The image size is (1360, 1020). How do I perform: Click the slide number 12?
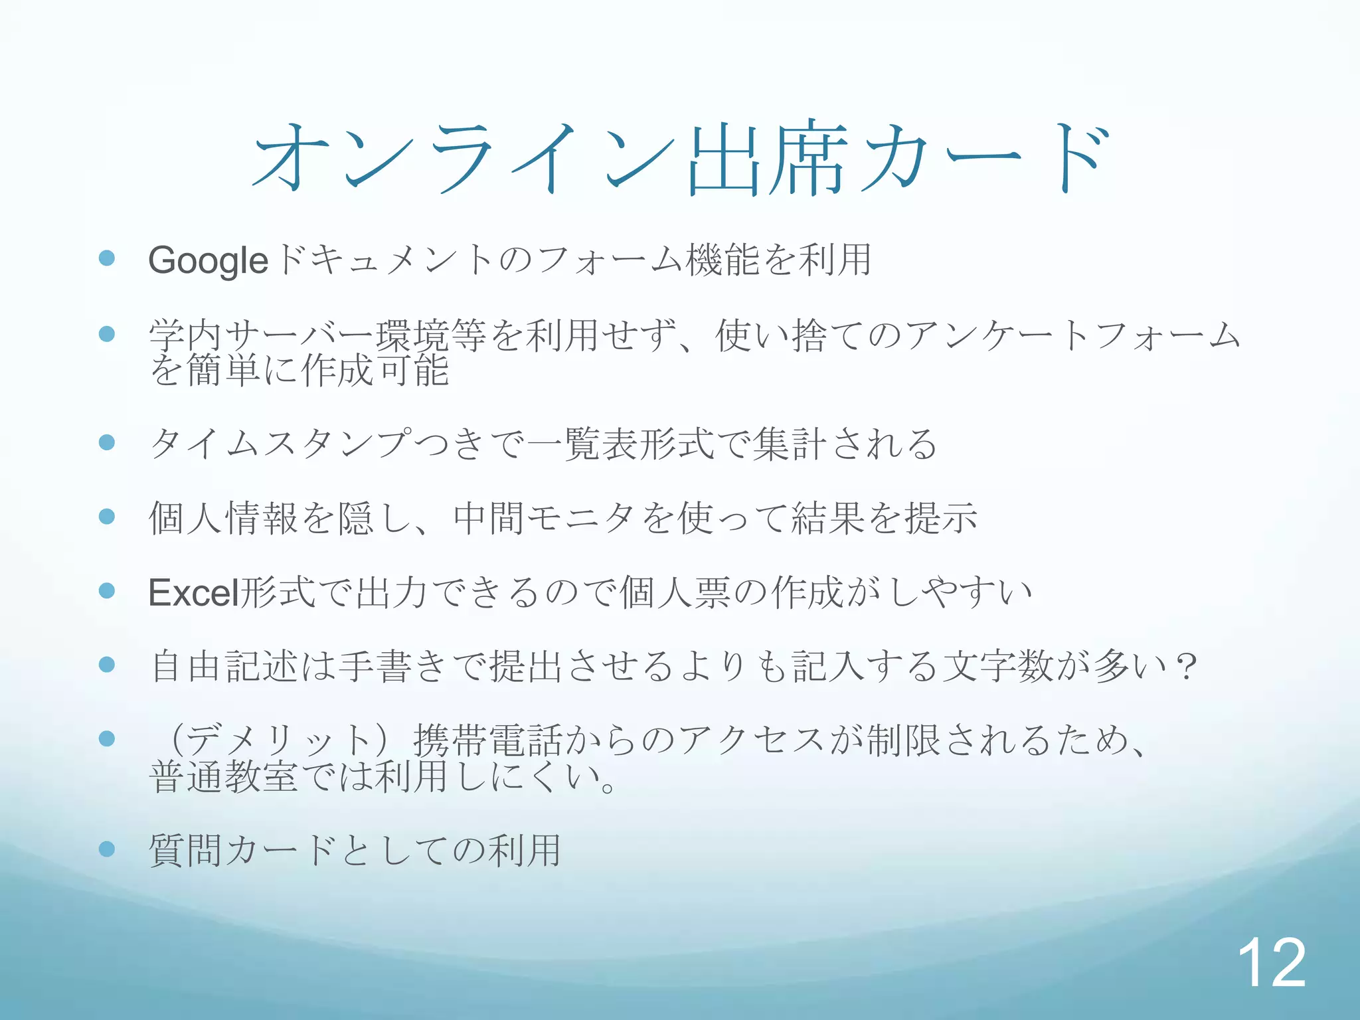click(x=1271, y=962)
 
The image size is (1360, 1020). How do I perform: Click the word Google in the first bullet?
click(x=208, y=260)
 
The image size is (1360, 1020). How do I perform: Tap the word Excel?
click(x=193, y=592)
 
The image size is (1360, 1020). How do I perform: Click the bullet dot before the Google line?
click(x=107, y=258)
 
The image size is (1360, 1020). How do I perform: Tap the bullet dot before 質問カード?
click(x=107, y=849)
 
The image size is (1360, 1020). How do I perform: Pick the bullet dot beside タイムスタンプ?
click(x=107, y=442)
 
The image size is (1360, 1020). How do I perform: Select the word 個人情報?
click(x=223, y=518)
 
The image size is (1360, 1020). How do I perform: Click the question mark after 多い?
click(x=1185, y=666)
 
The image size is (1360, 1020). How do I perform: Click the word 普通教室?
click(x=223, y=777)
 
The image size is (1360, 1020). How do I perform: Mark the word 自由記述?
click(x=223, y=666)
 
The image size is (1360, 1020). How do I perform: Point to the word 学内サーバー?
click(x=262, y=335)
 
